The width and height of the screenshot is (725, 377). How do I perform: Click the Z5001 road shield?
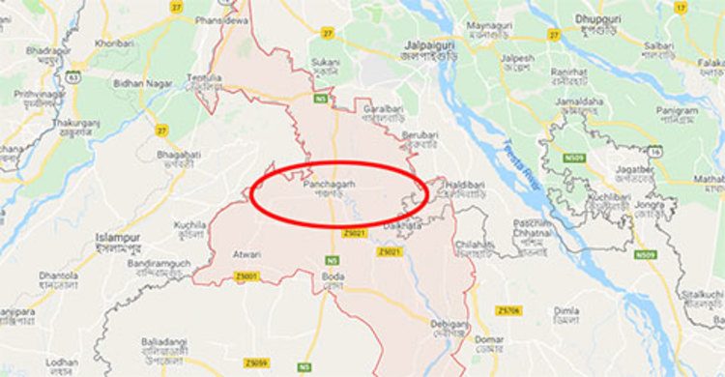[x=246, y=276]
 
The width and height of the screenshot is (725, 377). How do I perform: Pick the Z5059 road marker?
[x=255, y=362]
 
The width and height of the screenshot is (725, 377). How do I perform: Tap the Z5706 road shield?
[x=508, y=310]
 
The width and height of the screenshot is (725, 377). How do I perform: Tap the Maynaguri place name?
[x=489, y=24]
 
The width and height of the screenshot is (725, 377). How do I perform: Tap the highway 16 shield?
[x=655, y=151]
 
